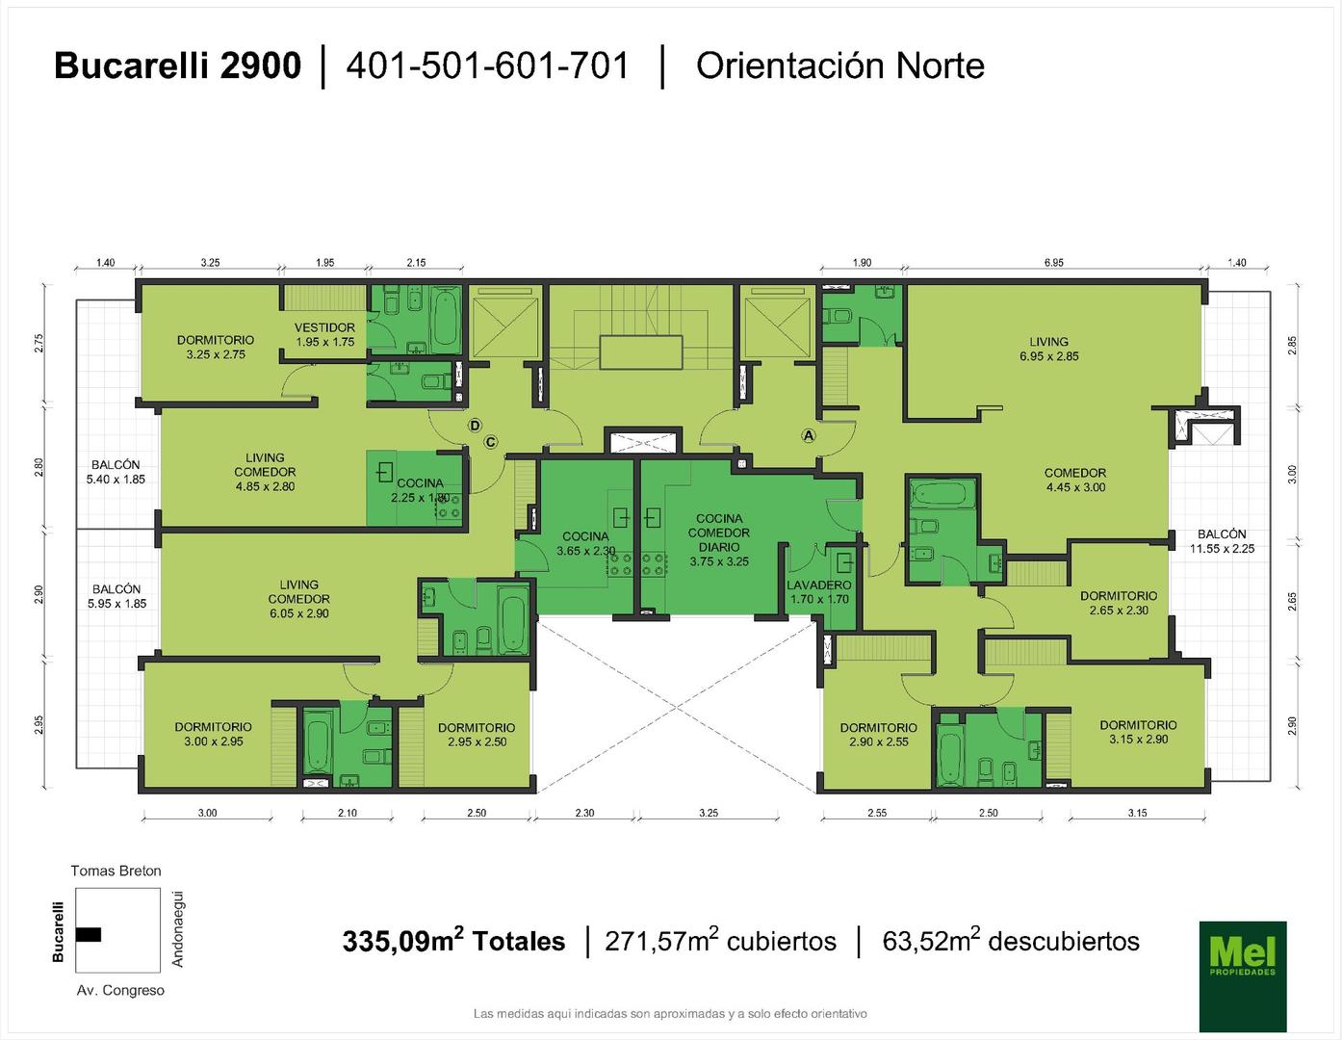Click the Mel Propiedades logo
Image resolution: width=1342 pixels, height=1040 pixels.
[1243, 975]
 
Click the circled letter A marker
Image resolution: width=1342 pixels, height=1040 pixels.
[809, 435]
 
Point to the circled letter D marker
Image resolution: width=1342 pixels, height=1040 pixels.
[475, 426]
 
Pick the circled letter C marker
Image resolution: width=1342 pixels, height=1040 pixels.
[490, 442]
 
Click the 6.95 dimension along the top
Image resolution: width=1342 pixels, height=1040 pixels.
[1053, 263]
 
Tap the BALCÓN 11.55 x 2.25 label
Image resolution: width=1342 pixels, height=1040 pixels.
[1223, 541]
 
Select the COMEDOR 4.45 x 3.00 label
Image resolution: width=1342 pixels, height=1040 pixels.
[1075, 480]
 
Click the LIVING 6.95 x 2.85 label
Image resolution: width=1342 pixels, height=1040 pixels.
[1048, 349]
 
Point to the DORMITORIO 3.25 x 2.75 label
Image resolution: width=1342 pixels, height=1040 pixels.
[216, 347]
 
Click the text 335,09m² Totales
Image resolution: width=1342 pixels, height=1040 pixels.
[454, 941]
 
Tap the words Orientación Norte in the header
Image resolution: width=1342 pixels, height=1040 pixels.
[839, 65]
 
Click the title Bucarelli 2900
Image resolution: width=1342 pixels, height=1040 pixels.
[178, 65]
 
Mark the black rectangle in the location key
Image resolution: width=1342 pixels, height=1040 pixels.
[89, 934]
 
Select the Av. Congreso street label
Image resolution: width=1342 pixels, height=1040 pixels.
[120, 990]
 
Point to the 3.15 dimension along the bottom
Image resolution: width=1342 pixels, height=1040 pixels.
[1137, 813]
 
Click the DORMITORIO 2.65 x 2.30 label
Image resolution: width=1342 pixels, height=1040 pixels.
[1119, 603]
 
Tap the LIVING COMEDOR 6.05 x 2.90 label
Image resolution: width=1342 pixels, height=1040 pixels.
[298, 598]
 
